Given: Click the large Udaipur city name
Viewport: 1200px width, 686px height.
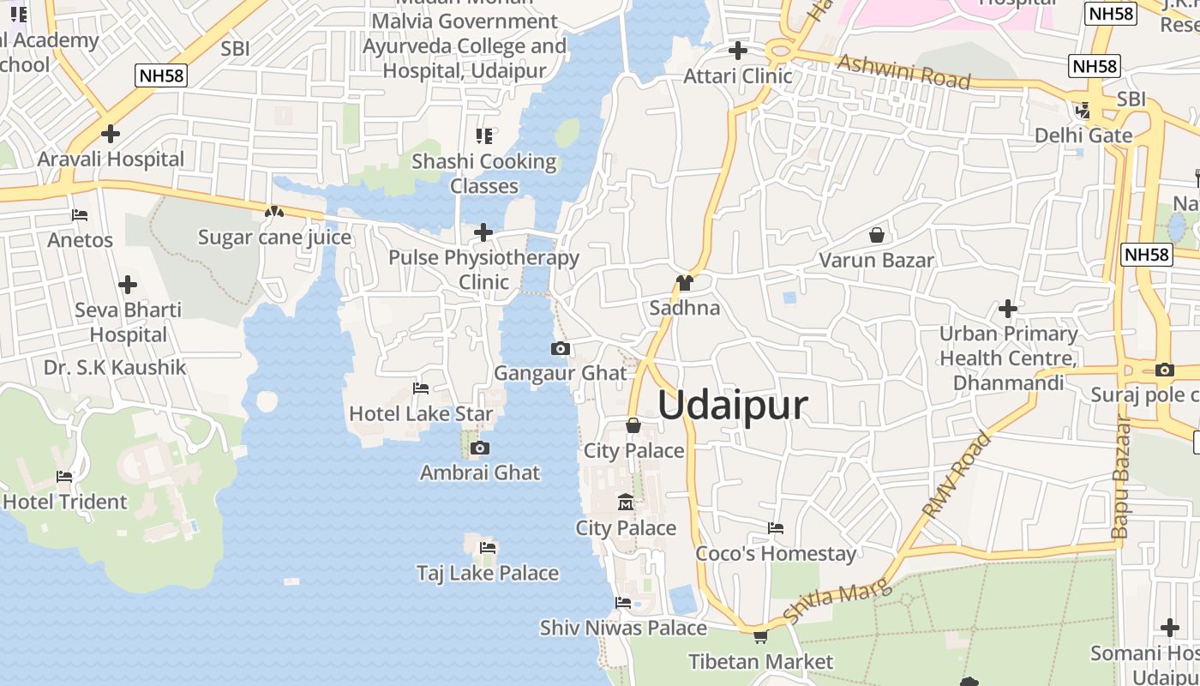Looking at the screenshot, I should click(x=733, y=405).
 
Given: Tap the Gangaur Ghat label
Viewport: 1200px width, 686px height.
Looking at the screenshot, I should click(x=561, y=373).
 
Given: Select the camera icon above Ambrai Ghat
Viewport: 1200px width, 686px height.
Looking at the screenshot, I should click(x=480, y=448).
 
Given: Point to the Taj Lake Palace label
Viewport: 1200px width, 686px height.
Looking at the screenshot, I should click(x=487, y=573).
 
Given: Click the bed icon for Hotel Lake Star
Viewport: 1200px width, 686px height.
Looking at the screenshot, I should click(x=421, y=388).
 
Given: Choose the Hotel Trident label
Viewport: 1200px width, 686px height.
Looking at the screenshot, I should click(x=65, y=502).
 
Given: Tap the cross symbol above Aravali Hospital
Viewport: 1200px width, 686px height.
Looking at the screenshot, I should click(x=111, y=134).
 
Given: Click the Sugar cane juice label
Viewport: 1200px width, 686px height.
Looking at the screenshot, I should click(x=274, y=238).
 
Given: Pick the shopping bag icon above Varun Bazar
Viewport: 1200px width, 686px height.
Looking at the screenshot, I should click(x=877, y=234).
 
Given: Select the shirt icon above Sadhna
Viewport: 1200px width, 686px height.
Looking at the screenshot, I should click(x=684, y=282).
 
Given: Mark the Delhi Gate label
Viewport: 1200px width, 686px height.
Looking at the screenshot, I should click(x=1083, y=135).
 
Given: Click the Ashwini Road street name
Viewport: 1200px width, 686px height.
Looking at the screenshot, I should click(x=904, y=72).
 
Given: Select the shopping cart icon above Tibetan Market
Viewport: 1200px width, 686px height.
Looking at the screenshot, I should click(x=760, y=636).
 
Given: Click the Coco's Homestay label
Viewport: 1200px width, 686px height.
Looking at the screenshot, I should click(x=776, y=553).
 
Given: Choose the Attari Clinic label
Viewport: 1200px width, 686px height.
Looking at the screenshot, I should click(x=737, y=75).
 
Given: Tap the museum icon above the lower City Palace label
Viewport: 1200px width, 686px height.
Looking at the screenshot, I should click(x=626, y=502).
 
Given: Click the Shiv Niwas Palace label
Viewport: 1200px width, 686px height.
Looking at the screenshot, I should click(x=623, y=628).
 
